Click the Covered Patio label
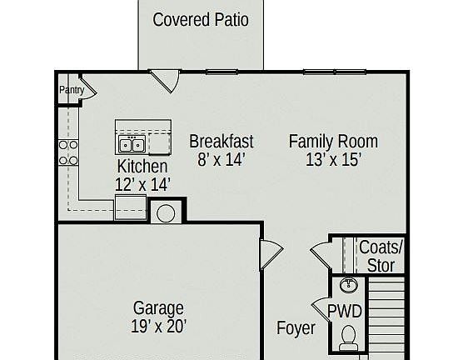click(201, 19)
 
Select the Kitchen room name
click(142, 167)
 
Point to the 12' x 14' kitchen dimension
click(142, 184)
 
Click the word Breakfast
click(222, 141)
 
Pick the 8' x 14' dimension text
click(222, 159)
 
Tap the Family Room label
click(333, 141)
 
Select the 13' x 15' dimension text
click(333, 159)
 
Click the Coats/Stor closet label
click(381, 256)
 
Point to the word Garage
click(158, 308)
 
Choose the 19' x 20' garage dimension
click(158, 326)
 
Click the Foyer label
click(296, 327)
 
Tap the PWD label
click(344, 312)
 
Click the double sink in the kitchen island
click(132, 146)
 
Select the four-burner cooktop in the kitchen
click(67, 152)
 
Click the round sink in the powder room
click(349, 287)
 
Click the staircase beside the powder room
click(386, 317)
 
